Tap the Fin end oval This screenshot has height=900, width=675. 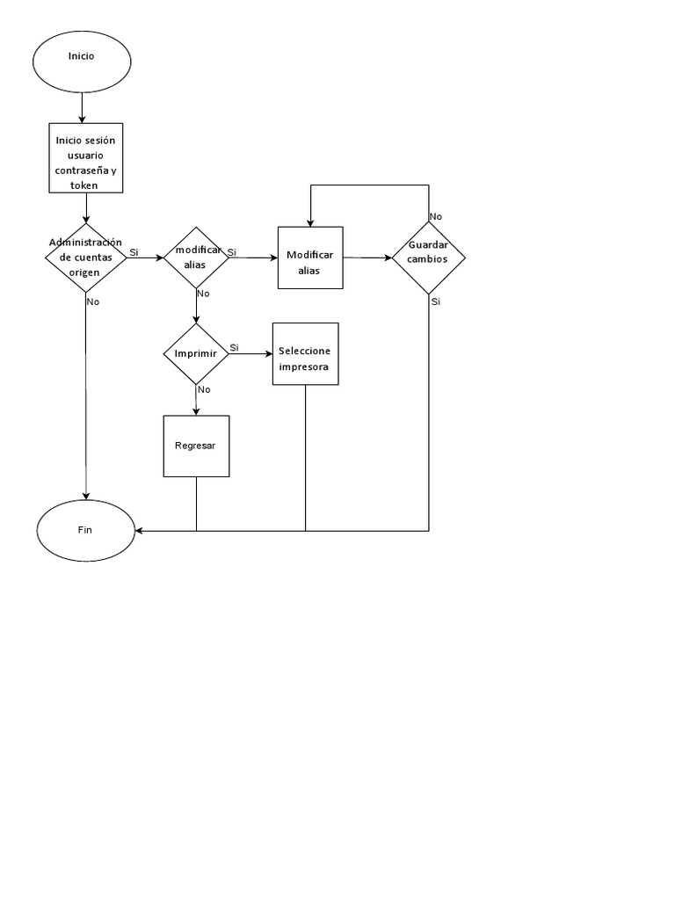point(85,531)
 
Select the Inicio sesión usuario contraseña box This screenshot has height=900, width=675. point(85,158)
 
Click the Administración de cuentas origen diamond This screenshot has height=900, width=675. point(85,258)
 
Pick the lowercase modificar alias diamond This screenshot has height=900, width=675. point(197,258)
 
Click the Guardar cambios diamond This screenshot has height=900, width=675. point(428,258)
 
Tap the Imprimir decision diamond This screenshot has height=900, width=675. point(196,354)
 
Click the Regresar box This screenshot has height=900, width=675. point(196,446)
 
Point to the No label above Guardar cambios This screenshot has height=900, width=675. point(436,216)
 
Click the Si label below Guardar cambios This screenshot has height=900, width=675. point(436,301)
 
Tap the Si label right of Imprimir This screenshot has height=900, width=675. point(235,348)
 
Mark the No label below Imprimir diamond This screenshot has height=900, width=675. point(204,389)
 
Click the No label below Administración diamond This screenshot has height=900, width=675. point(93,301)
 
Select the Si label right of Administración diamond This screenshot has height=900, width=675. point(134,252)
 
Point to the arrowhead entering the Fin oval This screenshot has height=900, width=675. point(139,531)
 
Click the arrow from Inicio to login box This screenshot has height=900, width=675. point(82,106)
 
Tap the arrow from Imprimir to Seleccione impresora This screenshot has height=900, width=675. point(250,354)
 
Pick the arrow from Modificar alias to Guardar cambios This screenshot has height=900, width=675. point(367,258)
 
